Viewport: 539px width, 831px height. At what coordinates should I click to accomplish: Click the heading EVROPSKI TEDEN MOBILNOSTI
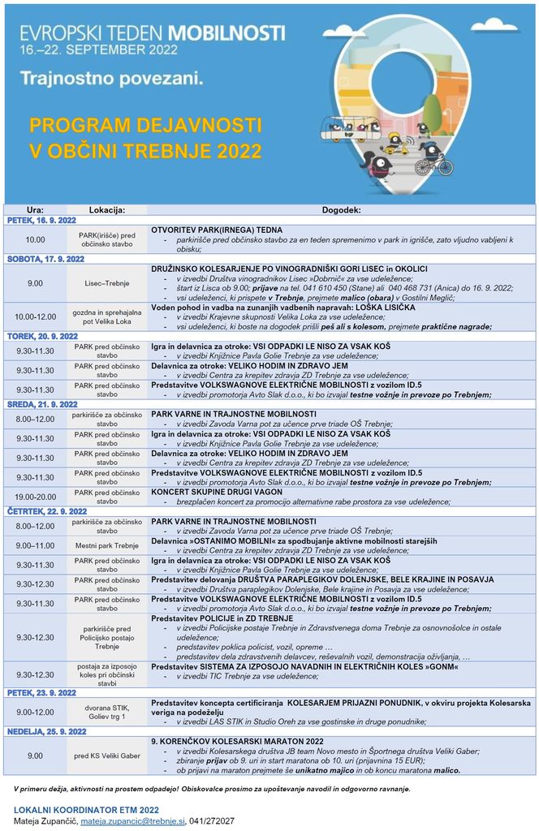click(x=153, y=32)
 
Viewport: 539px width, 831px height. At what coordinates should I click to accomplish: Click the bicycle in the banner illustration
click(x=433, y=165)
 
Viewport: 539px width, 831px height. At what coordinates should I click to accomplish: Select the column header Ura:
click(x=35, y=209)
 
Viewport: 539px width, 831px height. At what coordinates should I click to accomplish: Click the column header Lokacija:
click(x=106, y=209)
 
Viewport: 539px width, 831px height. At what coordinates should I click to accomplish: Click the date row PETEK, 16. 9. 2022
click(x=41, y=220)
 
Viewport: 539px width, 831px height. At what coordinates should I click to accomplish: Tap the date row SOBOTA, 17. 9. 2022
click(x=45, y=259)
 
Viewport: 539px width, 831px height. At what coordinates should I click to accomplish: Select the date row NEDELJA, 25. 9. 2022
click(x=46, y=731)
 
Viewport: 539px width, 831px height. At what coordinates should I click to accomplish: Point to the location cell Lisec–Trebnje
click(x=106, y=283)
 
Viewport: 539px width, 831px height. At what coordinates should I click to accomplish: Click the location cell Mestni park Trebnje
click(x=106, y=545)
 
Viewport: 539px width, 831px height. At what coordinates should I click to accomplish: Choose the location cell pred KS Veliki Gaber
click(x=106, y=756)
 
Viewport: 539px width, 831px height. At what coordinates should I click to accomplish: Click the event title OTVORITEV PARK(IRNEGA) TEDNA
click(x=217, y=230)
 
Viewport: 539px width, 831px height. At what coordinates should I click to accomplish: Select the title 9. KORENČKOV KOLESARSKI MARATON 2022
click(x=237, y=741)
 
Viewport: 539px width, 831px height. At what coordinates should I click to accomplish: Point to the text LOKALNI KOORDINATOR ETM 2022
click(x=86, y=810)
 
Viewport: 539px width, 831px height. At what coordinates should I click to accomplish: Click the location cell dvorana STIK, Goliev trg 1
click(x=106, y=712)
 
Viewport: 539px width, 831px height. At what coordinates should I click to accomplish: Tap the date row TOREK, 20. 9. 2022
click(x=42, y=336)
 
